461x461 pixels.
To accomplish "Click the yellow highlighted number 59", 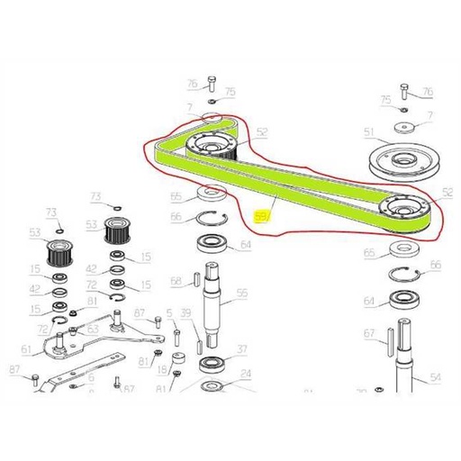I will click(262, 217).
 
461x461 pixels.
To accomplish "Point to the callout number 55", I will click(242, 294).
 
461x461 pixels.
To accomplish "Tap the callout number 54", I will click(435, 380).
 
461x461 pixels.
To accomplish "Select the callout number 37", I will click(241, 349).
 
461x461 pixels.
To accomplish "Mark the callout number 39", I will click(185, 312).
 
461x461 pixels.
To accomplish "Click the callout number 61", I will click(26, 349).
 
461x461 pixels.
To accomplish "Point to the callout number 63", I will click(93, 330).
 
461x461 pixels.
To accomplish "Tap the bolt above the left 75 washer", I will click(211, 85).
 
